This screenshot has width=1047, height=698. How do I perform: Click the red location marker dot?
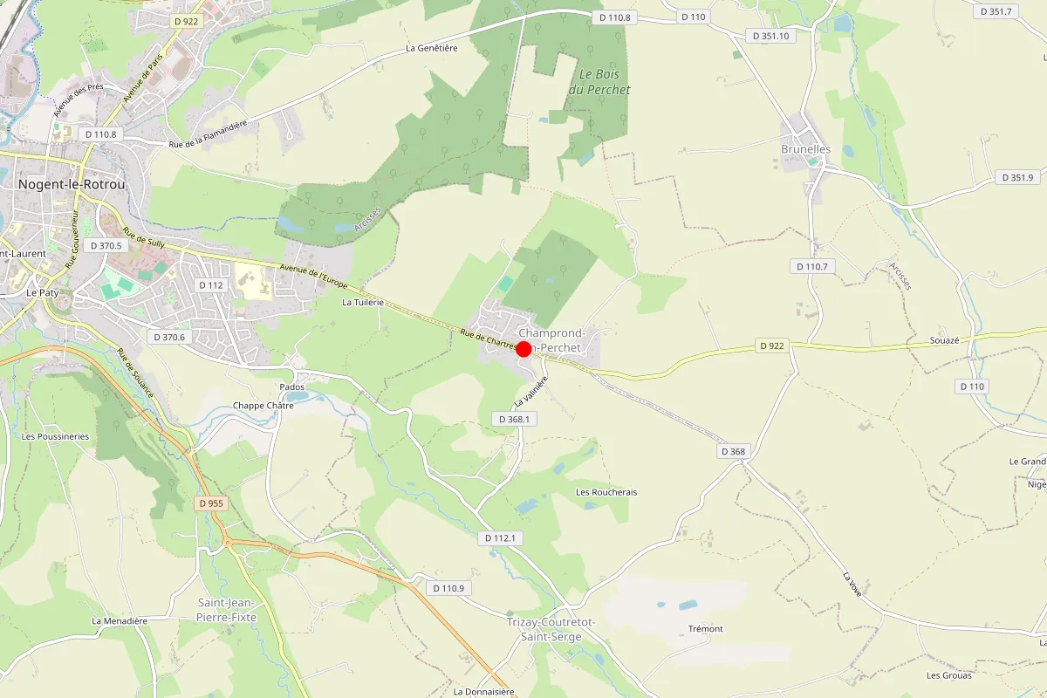coord(523,349)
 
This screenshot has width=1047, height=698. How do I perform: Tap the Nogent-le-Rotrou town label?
coord(72,185)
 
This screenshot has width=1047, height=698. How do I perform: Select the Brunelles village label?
coord(805,149)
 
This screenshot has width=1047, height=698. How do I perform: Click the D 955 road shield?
coord(211,503)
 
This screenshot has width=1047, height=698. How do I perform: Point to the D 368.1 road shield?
coord(515,419)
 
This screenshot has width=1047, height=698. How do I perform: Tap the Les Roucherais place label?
coord(606,492)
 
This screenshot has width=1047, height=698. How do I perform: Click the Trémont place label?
coord(705,629)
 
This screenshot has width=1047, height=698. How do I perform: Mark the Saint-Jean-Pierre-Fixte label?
coord(226,609)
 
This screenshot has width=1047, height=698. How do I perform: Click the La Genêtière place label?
coord(432,48)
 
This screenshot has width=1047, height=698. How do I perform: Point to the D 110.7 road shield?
coord(812,265)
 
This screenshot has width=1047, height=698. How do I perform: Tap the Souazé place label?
coord(945,340)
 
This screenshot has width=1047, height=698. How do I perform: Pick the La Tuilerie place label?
coord(363,302)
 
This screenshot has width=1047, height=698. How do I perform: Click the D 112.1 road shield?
coord(501,538)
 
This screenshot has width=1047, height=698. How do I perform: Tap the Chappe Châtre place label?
coord(263,406)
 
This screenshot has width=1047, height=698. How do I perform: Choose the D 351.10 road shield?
coord(770,36)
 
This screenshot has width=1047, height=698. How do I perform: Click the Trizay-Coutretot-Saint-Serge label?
coord(551,629)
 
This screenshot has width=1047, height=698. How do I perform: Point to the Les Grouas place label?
coord(949,674)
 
